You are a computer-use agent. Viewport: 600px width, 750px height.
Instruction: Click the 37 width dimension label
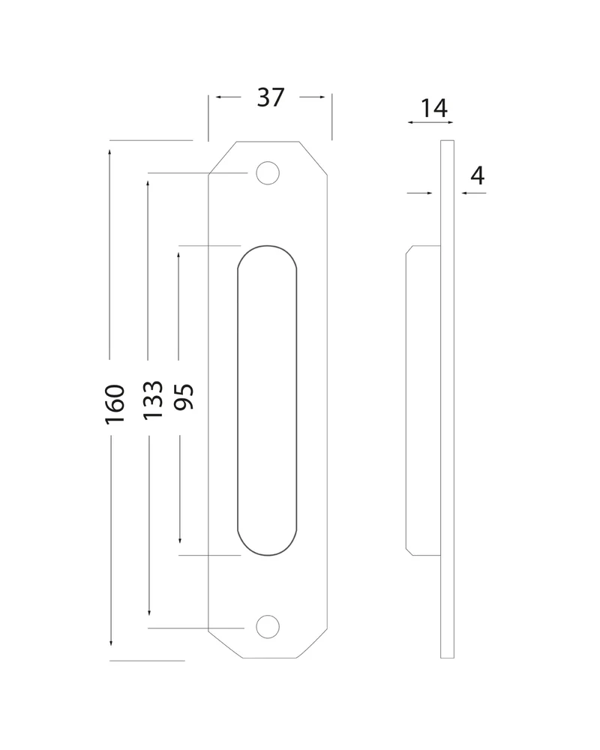[271, 97]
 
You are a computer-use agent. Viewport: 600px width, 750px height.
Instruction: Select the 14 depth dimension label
[434, 108]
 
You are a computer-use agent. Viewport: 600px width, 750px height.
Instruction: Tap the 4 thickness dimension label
[478, 175]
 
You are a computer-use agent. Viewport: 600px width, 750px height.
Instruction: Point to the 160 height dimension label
[115, 404]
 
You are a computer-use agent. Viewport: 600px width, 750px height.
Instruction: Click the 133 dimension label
[153, 400]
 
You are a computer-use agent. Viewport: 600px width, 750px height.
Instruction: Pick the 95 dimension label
[184, 397]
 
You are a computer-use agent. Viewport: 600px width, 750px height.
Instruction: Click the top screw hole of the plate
[268, 172]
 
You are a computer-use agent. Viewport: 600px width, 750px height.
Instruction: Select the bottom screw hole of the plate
[268, 626]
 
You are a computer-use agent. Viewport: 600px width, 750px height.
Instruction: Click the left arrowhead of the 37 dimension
[218, 97]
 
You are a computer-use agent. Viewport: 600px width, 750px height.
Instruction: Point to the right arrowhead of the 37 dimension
[322, 97]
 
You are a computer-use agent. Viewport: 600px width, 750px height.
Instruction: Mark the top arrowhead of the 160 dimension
[109, 152]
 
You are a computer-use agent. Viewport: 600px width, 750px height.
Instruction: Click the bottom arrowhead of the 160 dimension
[110, 643]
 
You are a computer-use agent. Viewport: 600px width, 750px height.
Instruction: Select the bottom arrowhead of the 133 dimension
[149, 612]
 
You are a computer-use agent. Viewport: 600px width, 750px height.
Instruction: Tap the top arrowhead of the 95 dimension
[178, 256]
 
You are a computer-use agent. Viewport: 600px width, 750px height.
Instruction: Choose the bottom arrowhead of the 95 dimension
[180, 540]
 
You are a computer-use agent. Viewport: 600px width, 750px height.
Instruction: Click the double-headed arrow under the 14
[430, 122]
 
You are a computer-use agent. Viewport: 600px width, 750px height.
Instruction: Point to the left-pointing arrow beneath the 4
[474, 193]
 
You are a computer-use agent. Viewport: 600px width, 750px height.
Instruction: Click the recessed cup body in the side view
[423, 400]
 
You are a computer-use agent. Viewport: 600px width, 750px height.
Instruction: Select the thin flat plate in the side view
[447, 400]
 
